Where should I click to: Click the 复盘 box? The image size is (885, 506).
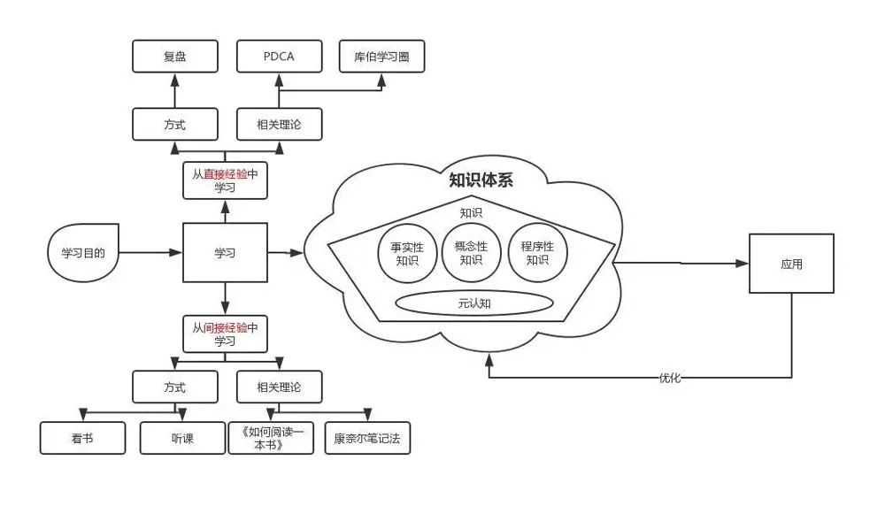[174, 57]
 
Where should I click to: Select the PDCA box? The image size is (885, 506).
[279, 57]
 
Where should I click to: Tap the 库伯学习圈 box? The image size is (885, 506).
[382, 57]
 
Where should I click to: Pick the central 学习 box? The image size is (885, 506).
[225, 253]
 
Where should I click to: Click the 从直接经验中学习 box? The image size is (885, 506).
[225, 181]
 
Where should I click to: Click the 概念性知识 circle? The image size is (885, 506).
[471, 253]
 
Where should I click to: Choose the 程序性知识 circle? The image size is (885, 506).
[537, 253]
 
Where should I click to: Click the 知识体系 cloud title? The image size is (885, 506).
[481, 181]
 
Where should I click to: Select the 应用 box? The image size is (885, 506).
[791, 264]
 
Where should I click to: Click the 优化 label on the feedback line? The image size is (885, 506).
[669, 378]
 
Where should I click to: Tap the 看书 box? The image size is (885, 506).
[82, 438]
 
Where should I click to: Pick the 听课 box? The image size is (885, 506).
[182, 438]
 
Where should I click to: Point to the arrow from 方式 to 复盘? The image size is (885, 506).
[174, 90]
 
